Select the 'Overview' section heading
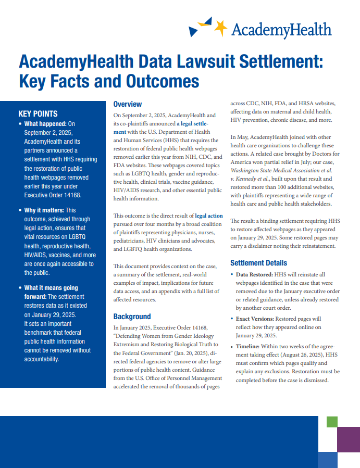[128, 104]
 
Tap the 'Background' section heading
[132, 316]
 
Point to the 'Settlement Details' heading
[258, 263]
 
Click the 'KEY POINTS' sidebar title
[38, 113]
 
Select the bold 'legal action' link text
[209, 215]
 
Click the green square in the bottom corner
[332, 421]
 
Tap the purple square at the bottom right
[349, 439]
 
